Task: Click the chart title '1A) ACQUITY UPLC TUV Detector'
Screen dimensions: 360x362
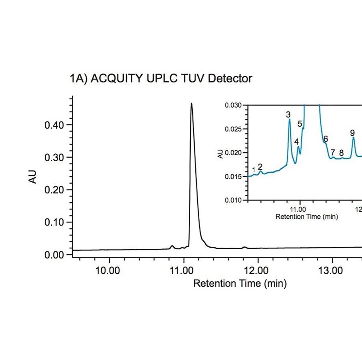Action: coord(161,79)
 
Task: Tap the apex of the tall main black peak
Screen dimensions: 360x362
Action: coord(191,104)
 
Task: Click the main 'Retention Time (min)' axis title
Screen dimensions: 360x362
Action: coord(239,283)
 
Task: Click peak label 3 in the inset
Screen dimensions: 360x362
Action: coord(288,115)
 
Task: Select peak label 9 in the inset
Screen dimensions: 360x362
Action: coord(353,133)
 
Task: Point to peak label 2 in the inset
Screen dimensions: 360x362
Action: coord(260,167)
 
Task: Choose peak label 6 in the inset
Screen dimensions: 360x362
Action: coord(326,139)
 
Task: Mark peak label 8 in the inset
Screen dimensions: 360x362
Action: coord(342,153)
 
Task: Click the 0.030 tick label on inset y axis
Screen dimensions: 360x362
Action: coord(234,105)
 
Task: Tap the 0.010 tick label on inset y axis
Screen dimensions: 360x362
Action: coord(234,200)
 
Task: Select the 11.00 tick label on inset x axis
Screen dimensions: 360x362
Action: coord(300,209)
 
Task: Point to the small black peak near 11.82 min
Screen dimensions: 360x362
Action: coord(245,247)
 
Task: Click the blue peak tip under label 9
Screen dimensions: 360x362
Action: coord(353,137)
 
